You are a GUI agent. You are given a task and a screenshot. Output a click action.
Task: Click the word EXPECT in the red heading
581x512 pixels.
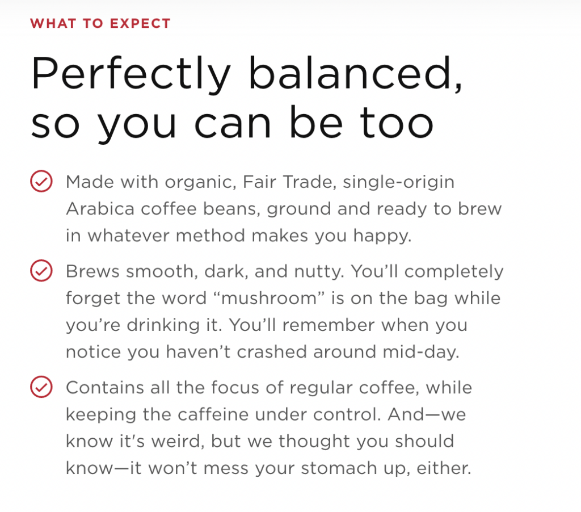[140, 23]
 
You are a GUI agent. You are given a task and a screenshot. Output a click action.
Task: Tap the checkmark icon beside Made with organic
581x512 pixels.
[41, 181]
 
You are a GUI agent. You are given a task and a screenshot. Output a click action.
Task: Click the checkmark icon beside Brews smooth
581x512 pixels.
[41, 270]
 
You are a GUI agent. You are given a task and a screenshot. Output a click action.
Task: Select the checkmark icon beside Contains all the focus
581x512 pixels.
[41, 387]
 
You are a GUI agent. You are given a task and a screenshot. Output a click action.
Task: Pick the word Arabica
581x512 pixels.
[100, 209]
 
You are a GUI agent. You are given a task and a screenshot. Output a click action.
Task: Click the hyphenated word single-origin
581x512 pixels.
[398, 183]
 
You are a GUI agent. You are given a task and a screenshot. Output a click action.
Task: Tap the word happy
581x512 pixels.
[382, 237]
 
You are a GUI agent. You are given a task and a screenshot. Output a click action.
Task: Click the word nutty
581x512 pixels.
[319, 272]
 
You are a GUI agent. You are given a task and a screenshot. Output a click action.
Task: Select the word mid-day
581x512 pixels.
[421, 352]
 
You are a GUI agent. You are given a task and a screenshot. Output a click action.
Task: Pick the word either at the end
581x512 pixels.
[444, 468]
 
